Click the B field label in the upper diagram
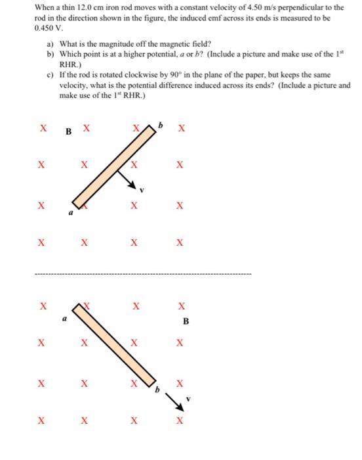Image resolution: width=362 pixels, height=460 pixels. tap(69, 130)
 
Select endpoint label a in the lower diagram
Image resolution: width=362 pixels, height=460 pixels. tap(65, 317)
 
